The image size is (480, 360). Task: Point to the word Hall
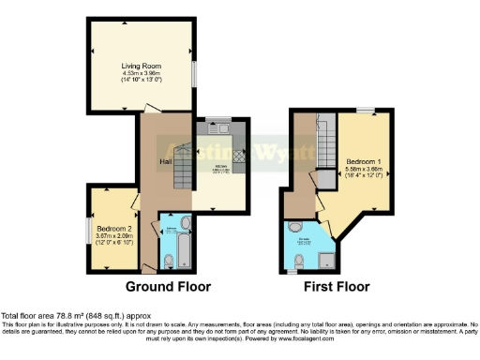coord(164,160)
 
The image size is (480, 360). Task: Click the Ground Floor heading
coord(169,286)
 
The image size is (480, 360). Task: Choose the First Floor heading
coord(336,286)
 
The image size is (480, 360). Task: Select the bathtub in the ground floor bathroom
coord(183,240)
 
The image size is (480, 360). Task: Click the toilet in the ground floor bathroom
coord(168,259)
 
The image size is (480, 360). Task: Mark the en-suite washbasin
coord(295,228)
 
